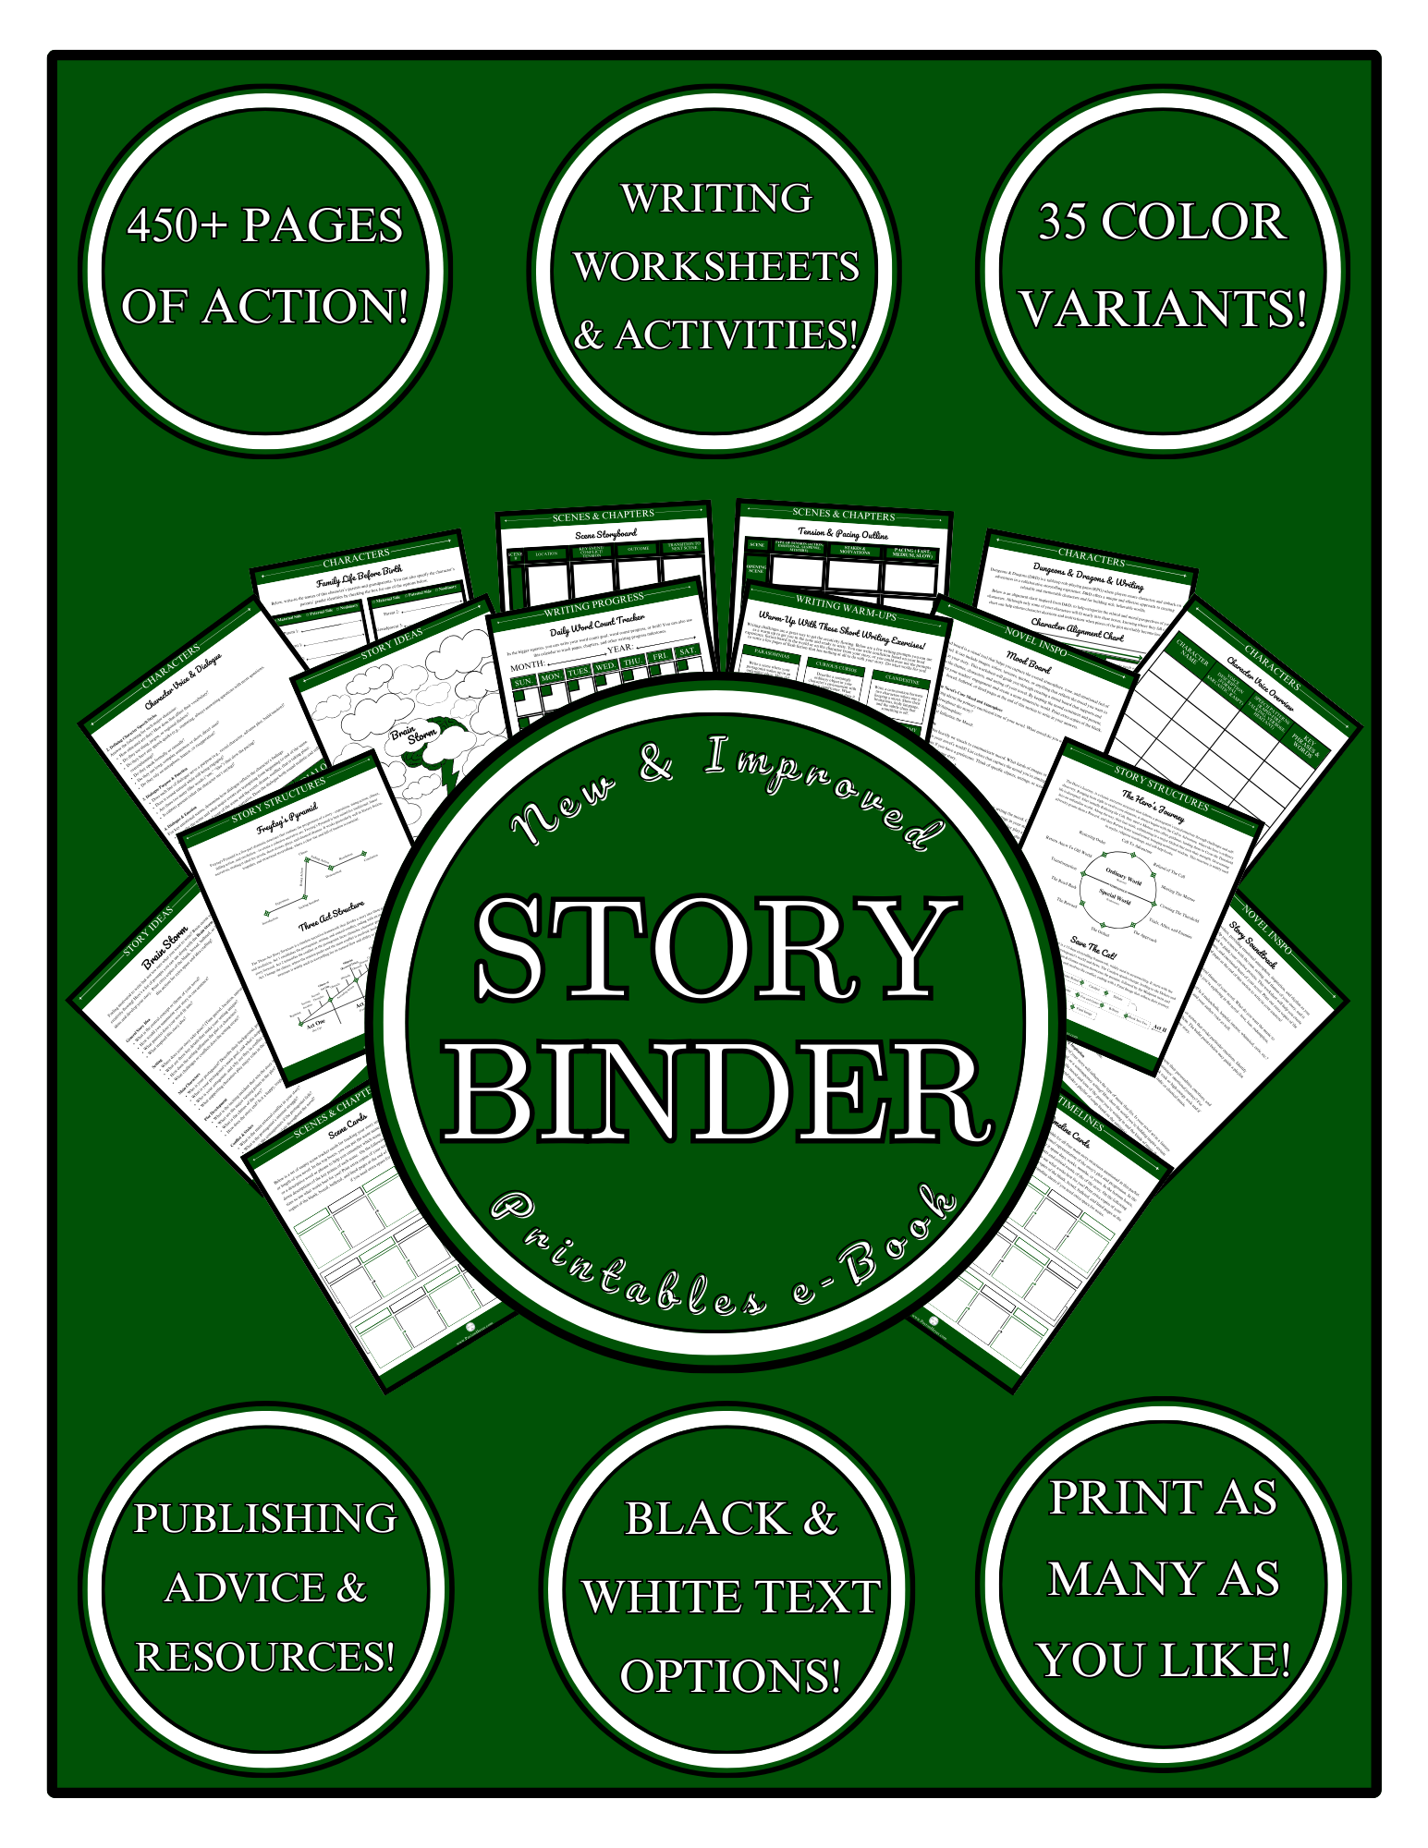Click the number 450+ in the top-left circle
tap(177, 225)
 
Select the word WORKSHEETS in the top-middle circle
tap(716, 267)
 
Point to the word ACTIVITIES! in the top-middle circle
tap(737, 334)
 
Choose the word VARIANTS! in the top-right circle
tap(1164, 309)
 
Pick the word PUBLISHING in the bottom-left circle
tap(265, 1519)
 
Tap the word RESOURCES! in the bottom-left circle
tap(265, 1657)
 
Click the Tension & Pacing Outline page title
tap(843, 534)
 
